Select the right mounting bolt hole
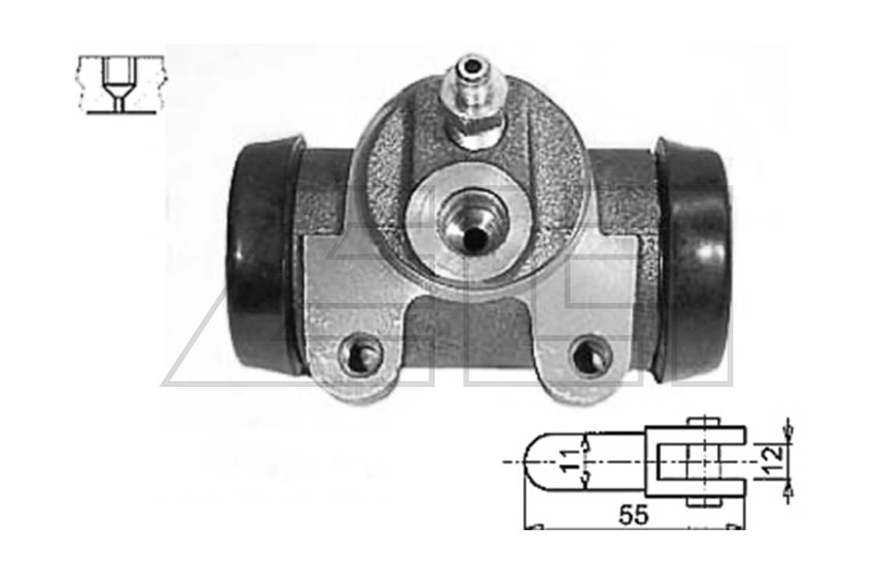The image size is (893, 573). pyautogui.click(x=592, y=354)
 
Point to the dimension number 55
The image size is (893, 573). pyautogui.click(x=634, y=515)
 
